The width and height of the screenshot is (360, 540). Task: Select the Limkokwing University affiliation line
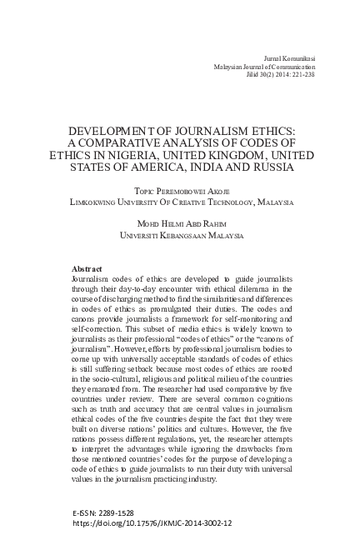point(180,201)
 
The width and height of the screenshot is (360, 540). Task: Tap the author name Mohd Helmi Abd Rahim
point(180,224)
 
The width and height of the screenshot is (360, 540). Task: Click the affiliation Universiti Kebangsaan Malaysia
point(180,236)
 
